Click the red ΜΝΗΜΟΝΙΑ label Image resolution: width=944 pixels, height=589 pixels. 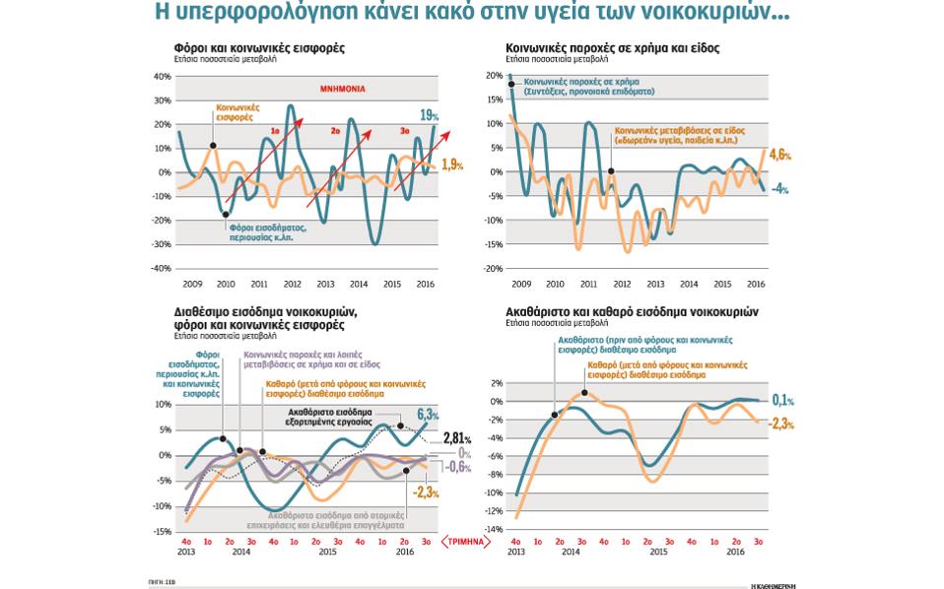click(342, 89)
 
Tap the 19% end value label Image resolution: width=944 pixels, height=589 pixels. click(429, 115)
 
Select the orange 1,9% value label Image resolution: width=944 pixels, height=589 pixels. click(452, 164)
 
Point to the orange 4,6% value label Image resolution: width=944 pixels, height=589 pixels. click(779, 155)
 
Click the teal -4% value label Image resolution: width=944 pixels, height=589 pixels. click(780, 188)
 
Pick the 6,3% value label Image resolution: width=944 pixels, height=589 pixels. click(428, 414)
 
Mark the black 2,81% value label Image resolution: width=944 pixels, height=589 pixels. click(456, 437)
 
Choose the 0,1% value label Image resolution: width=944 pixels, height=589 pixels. click(783, 401)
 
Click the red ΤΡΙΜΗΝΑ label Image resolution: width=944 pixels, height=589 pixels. click(465, 541)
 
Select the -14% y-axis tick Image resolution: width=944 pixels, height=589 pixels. click(495, 529)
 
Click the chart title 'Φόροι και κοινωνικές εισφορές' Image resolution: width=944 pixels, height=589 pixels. click(259, 47)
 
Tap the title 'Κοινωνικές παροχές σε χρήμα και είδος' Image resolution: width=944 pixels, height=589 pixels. click(612, 47)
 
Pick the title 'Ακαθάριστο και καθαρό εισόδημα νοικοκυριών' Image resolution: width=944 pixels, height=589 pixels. click(632, 311)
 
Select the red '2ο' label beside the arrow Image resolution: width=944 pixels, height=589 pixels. click(335, 130)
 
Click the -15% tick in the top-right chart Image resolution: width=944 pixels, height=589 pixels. click(495, 243)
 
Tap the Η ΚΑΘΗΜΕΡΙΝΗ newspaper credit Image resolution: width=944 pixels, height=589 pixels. click(772, 585)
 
